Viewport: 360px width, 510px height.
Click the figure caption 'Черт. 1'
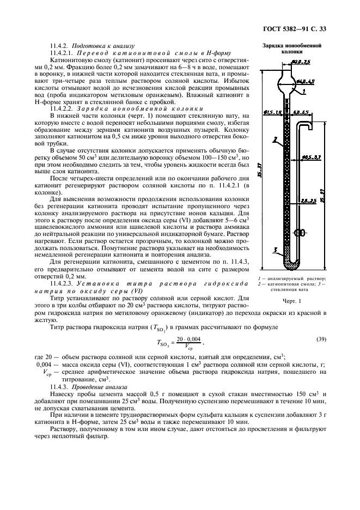[292, 300]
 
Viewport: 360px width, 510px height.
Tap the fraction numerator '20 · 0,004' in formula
[188, 339]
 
